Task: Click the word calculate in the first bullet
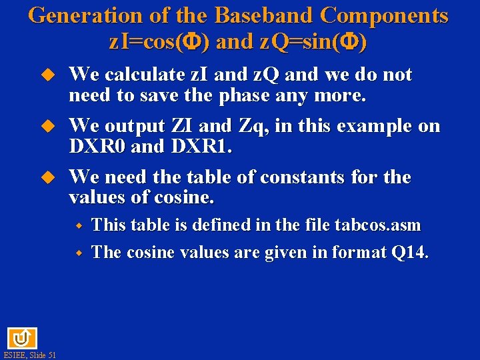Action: (147, 75)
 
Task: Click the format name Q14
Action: (411, 253)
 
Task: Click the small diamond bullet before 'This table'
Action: (78, 226)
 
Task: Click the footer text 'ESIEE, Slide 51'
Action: (29, 355)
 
